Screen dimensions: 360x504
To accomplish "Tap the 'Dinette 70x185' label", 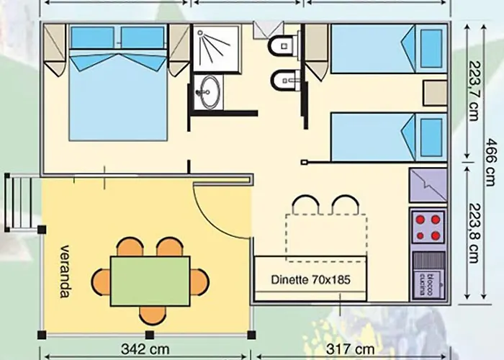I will pyautogui.click(x=311, y=279).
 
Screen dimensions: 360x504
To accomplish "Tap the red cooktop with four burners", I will pyautogui.click(x=428, y=227).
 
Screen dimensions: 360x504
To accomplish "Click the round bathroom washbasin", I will pyautogui.click(x=210, y=91).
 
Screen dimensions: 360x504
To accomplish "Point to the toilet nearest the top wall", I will pyautogui.click(x=279, y=45).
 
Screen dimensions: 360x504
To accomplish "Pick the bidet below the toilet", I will pyautogui.click(x=282, y=81).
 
